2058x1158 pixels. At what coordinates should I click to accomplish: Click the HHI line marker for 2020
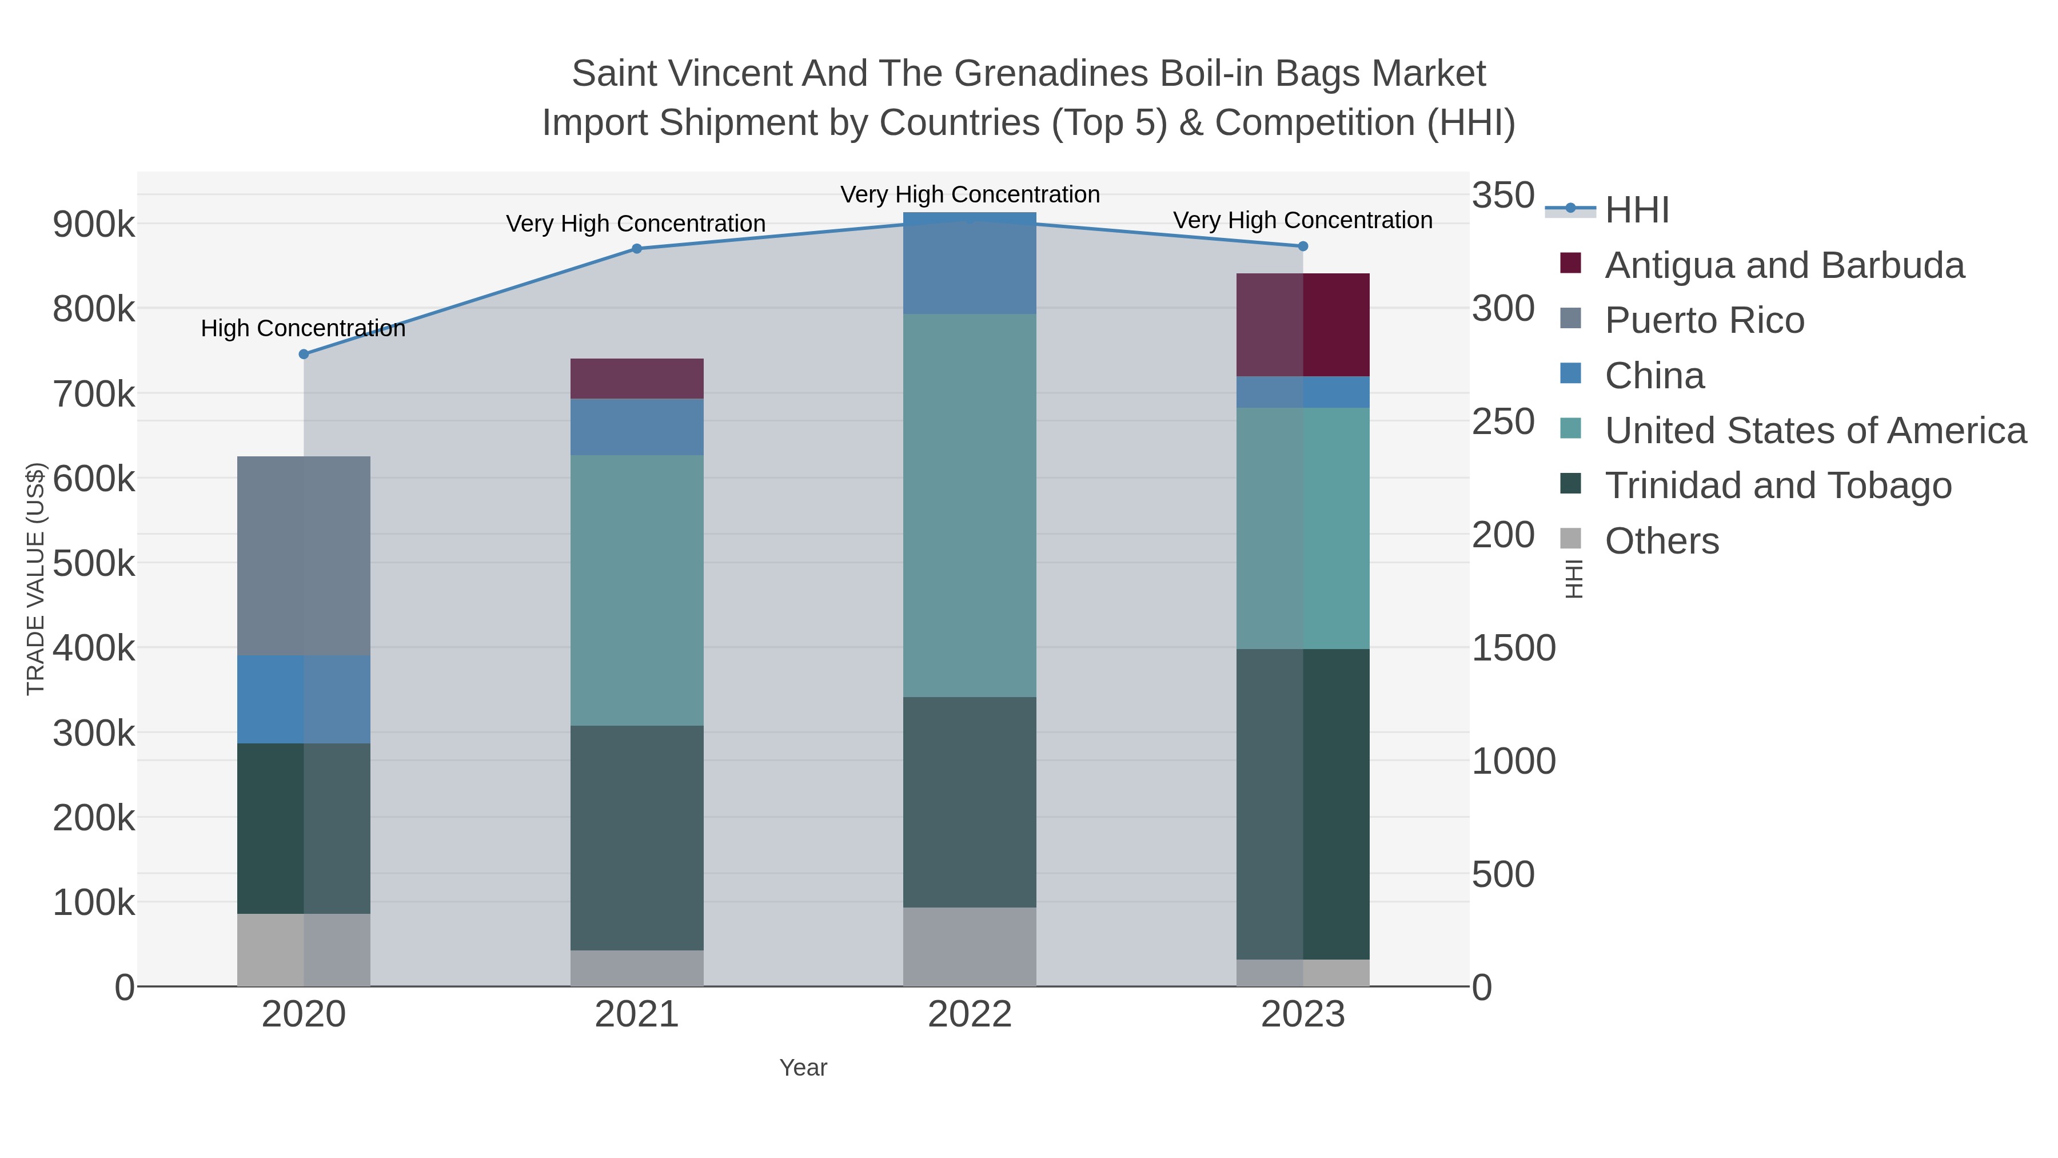[304, 354]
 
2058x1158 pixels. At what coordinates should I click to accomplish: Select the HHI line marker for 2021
[637, 249]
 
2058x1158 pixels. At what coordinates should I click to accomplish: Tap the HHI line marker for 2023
[1303, 246]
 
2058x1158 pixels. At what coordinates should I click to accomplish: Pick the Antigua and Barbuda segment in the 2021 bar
[637, 379]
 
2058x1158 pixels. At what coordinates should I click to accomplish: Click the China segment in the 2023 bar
[1303, 392]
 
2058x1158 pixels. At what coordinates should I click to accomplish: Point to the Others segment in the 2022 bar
[969, 946]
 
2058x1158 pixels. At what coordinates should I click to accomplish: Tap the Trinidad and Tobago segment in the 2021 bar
[637, 838]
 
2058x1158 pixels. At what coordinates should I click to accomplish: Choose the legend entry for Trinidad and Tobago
[1777, 486]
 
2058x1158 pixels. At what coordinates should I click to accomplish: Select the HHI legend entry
[1636, 210]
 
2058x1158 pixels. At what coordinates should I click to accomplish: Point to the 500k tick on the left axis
[94, 563]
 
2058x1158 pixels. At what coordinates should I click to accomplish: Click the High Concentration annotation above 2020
[303, 328]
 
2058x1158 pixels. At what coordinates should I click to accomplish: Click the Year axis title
[803, 1068]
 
